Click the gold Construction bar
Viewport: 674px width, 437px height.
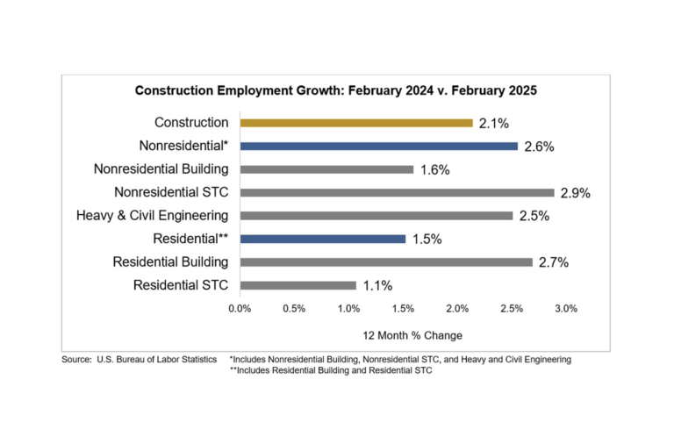click(355, 123)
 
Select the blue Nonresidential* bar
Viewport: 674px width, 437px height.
click(378, 146)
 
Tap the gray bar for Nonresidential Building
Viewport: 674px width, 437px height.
click(326, 169)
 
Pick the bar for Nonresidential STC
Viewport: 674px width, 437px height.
click(397, 192)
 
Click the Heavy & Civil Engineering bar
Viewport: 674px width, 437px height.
click(376, 215)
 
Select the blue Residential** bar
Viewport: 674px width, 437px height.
click(322, 238)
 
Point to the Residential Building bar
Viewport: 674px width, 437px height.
click(385, 261)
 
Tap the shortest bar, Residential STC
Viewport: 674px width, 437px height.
click(298, 284)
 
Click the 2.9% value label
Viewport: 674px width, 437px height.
click(575, 193)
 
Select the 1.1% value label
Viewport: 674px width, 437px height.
click(377, 285)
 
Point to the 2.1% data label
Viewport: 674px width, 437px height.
click(493, 124)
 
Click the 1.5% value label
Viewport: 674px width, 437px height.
click(427, 239)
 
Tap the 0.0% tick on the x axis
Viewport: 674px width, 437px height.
click(240, 309)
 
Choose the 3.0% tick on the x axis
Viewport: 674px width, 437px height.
click(566, 309)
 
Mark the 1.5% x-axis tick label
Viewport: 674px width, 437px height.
click(403, 309)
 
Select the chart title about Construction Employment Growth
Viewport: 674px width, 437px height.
click(335, 90)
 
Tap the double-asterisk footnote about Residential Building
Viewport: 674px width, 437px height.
click(331, 370)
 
